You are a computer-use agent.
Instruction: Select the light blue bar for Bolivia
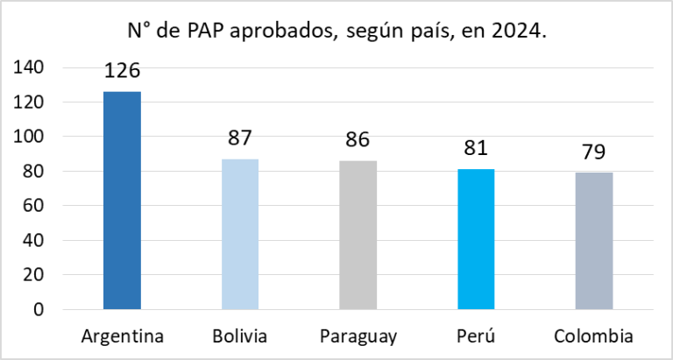(239, 234)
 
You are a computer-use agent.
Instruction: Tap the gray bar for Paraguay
(358, 235)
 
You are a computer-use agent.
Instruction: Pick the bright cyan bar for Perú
(476, 239)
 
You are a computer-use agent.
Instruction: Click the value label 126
(122, 71)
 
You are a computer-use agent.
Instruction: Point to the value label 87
(239, 138)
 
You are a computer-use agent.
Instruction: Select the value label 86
(358, 140)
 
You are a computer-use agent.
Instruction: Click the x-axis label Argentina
(122, 336)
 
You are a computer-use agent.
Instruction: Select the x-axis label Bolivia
(239, 336)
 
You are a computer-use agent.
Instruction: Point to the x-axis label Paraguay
(358, 337)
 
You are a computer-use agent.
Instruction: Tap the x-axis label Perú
(476, 336)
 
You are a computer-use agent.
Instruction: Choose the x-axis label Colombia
(594, 336)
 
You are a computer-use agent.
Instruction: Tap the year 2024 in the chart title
(520, 32)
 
